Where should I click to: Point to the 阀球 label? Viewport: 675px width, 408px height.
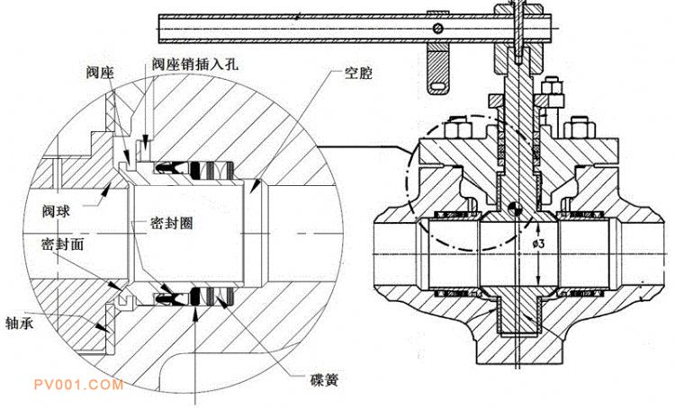point(56,212)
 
